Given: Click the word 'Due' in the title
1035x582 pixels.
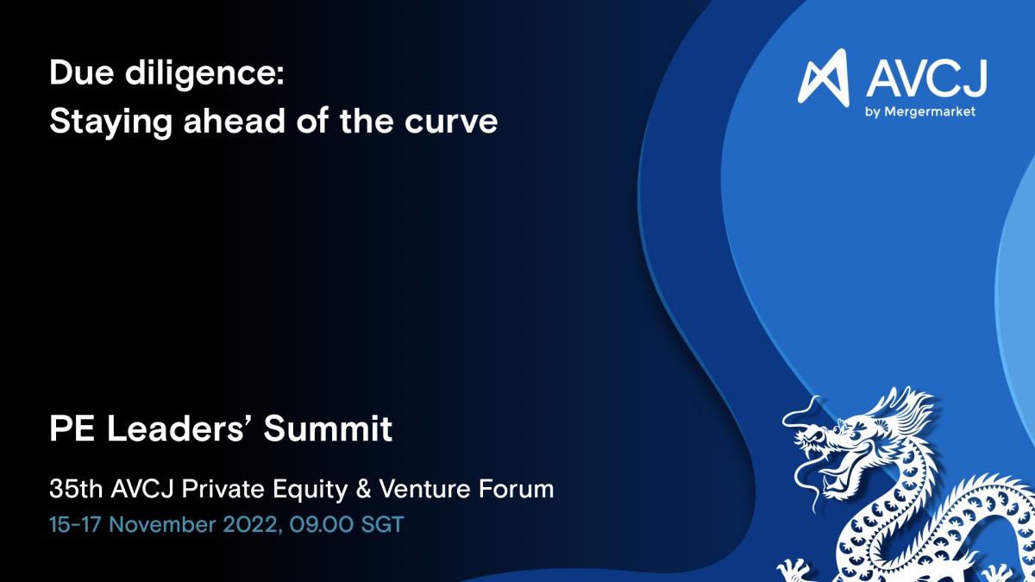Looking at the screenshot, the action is click(81, 72).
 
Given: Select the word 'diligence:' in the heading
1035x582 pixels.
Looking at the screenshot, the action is click(204, 74).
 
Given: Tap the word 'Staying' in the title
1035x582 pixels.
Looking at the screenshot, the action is click(110, 122).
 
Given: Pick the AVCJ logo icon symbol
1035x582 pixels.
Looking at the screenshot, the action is click(824, 77).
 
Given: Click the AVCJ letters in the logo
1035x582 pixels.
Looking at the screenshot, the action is click(926, 78).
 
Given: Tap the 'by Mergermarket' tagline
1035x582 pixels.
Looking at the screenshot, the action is click(920, 112).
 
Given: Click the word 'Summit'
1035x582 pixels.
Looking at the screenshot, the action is click(328, 429).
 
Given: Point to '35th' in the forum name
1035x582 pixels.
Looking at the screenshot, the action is click(76, 489).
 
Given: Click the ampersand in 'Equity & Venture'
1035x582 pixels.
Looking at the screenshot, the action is click(364, 489).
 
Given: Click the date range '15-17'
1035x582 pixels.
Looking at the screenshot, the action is click(75, 525).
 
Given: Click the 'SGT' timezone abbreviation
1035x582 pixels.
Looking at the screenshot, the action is click(383, 525).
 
